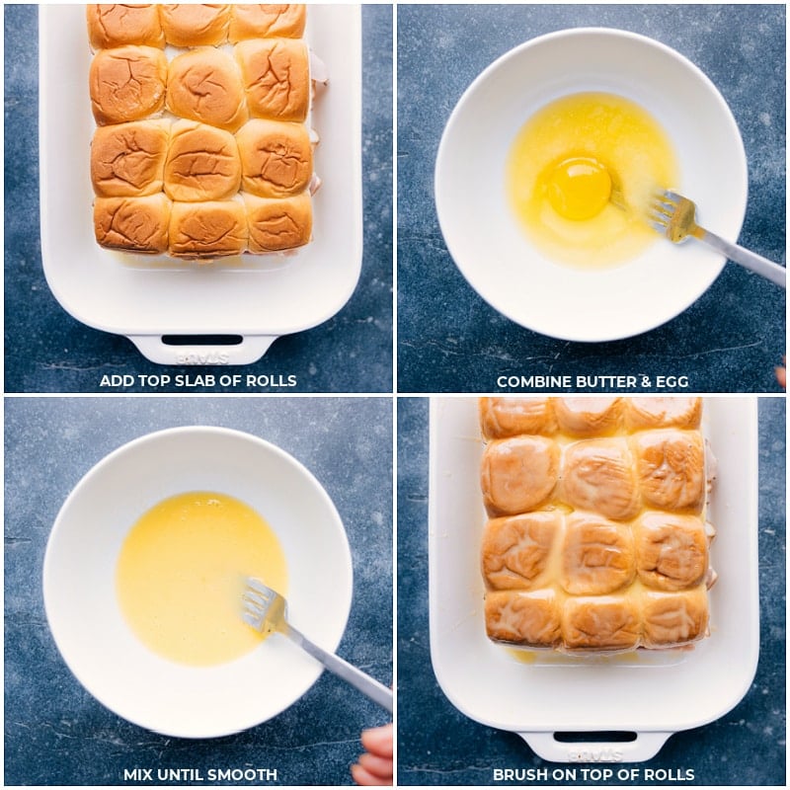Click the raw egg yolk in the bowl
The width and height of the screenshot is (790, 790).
click(x=580, y=187)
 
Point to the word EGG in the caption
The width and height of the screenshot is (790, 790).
click(x=671, y=381)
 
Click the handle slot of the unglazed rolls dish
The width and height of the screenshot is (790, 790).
click(x=202, y=340)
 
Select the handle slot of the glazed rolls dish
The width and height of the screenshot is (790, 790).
click(x=595, y=737)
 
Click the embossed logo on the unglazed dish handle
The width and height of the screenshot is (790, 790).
click(x=202, y=358)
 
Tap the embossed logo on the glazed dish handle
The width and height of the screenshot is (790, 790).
click(x=595, y=754)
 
